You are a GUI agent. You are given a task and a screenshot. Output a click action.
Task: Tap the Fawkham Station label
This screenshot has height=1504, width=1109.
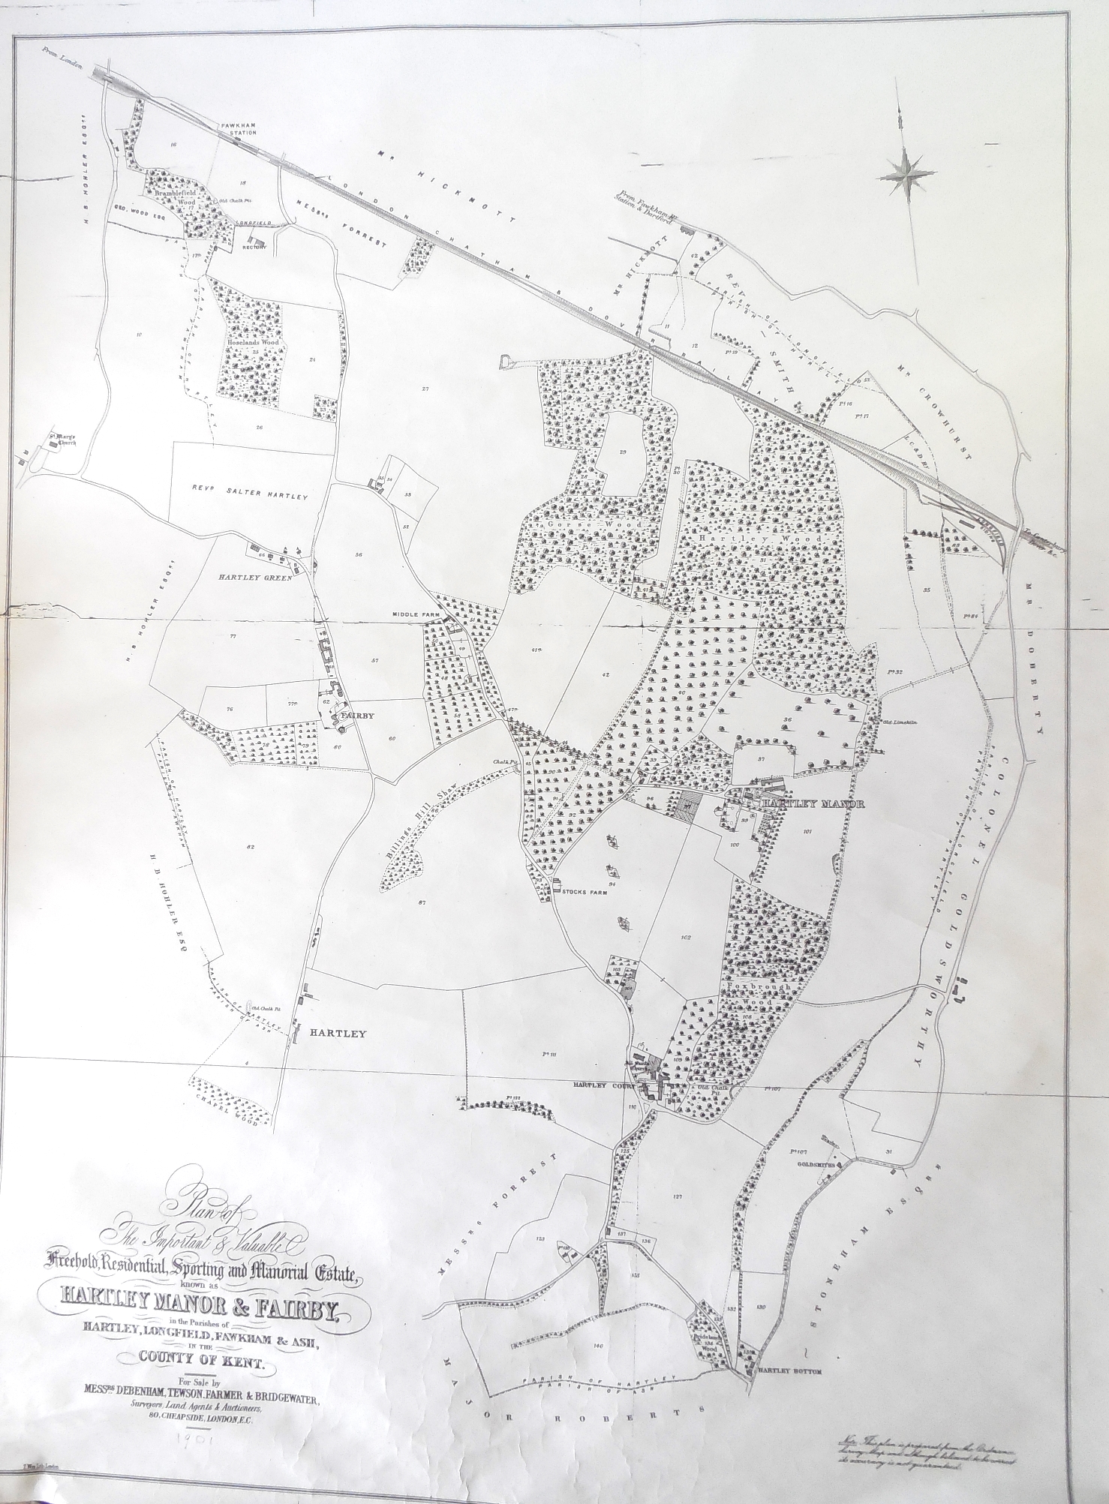(238, 128)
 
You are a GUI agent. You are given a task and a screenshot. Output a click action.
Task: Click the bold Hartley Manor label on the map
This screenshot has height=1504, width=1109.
(813, 803)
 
